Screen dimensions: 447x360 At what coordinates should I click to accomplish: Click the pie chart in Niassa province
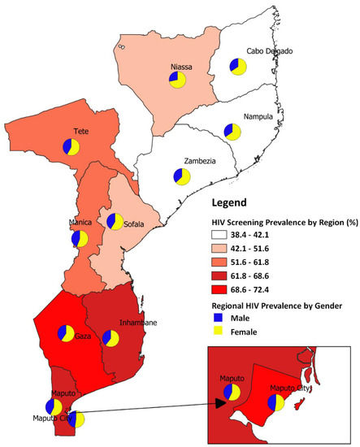(177, 79)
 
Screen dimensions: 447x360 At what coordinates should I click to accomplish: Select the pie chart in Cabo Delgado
(237, 66)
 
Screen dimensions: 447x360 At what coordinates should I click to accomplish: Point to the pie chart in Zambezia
(181, 176)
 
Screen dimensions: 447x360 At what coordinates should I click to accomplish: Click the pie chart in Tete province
(71, 147)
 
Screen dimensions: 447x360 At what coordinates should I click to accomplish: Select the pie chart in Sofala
(115, 222)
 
